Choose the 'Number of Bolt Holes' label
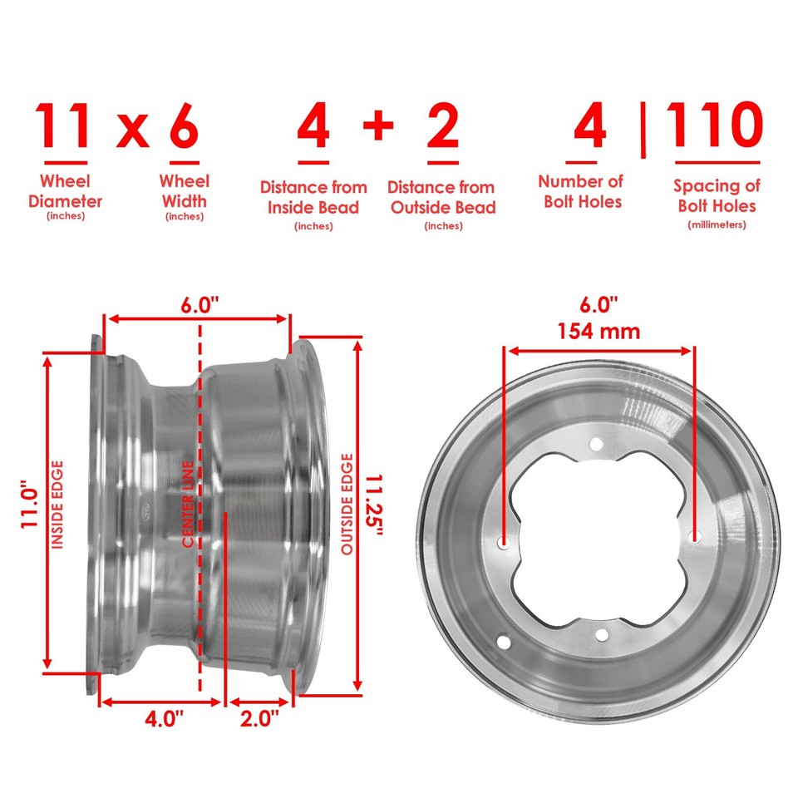(x=580, y=191)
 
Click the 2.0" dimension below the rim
(x=260, y=721)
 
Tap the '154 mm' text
(x=599, y=331)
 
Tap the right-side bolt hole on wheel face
(x=696, y=539)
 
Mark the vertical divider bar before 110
(x=643, y=129)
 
